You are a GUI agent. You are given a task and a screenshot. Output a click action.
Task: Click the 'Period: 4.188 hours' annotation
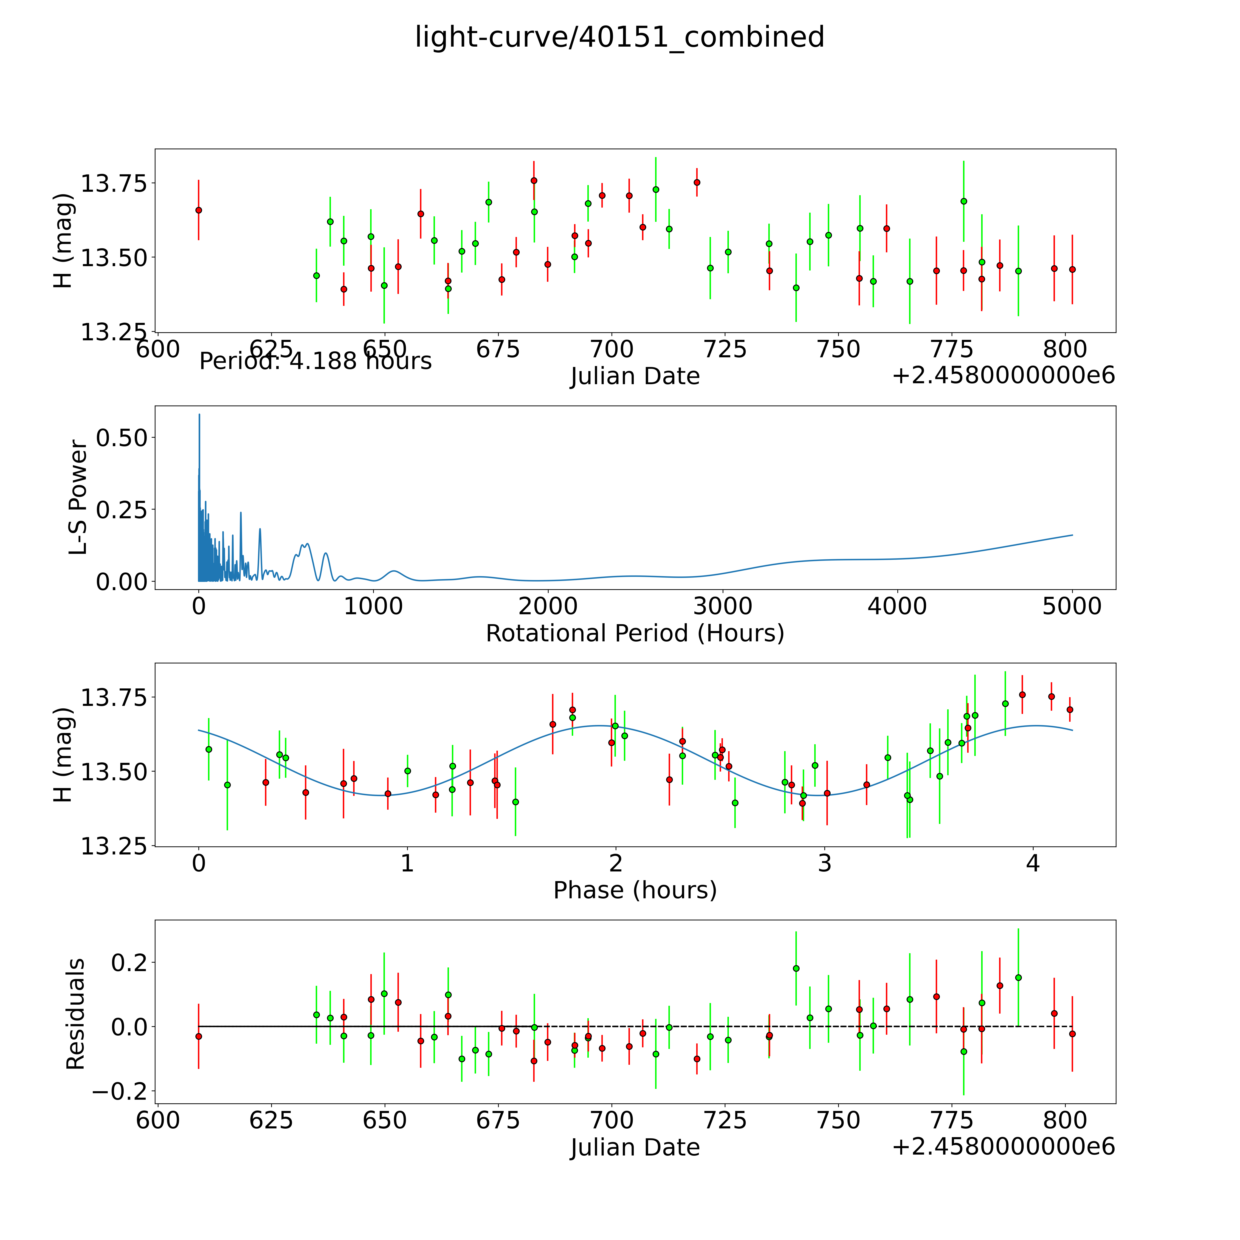tap(315, 361)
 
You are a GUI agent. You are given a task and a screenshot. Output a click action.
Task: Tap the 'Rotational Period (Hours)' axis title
tap(635, 634)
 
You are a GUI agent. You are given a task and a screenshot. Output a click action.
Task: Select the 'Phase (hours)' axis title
tap(635, 890)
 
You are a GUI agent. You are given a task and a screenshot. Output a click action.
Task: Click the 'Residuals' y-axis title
tap(75, 1014)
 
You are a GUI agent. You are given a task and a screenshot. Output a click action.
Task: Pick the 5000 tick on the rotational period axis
tap(1072, 606)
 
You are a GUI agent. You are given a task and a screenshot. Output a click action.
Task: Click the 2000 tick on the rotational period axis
tap(548, 606)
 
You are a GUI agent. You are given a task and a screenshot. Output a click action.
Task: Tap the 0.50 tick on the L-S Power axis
tap(122, 438)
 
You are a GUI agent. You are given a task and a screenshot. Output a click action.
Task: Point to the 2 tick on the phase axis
tap(615, 863)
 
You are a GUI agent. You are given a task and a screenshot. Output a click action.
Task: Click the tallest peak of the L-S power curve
tap(199, 415)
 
